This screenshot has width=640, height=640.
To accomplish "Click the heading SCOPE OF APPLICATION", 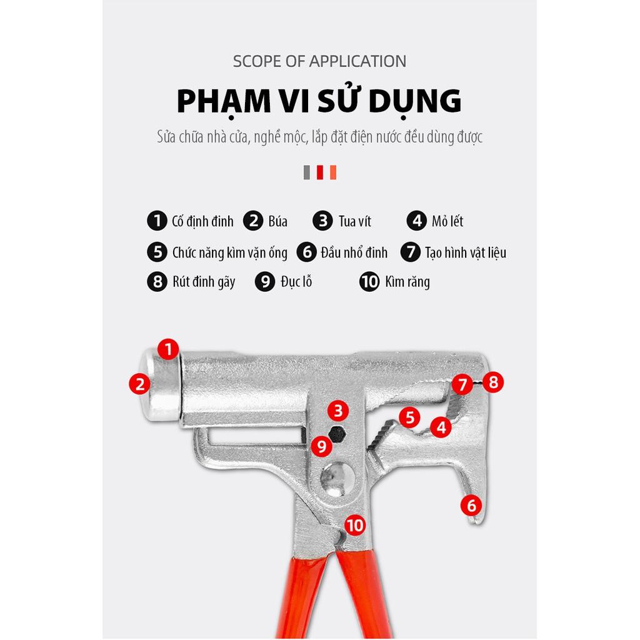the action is pos(319,61).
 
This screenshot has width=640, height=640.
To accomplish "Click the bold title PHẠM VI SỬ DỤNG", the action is pos(319,102).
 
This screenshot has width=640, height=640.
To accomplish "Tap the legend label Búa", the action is pos(278,221).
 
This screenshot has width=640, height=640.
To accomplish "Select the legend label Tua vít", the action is pos(355,221).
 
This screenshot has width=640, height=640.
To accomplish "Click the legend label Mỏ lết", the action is pos(447,221).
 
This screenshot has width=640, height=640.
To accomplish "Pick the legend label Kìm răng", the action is pos(407,282).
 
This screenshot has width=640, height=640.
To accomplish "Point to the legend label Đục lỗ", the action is pos(296,282).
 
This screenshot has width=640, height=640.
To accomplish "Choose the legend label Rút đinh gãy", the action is pos(204,282).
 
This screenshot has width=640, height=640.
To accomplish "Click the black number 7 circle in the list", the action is pos(410,252).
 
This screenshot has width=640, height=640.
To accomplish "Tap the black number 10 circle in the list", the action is pos(369,282).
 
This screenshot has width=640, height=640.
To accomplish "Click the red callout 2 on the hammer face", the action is pos(140,384).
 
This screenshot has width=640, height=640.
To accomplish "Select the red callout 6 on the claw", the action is pos(471,505).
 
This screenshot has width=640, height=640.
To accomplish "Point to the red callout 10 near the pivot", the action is pos(355,525).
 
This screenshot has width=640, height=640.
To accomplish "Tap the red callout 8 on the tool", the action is pos(493,382).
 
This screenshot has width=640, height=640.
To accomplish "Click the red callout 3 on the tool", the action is pos(338,411).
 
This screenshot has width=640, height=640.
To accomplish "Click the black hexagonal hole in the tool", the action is pos(337,434).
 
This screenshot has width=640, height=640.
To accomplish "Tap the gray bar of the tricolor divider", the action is pos(307,172).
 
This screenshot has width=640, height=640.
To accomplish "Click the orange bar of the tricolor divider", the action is pos(333,172).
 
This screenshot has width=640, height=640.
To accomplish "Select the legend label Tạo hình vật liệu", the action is pos(465,252).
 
